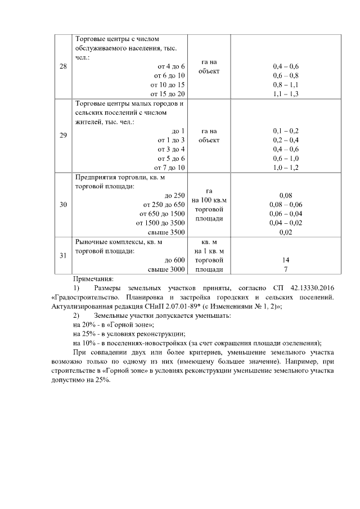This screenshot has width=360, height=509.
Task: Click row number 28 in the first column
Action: coord(63,66)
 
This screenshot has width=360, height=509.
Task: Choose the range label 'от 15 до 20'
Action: coord(168,93)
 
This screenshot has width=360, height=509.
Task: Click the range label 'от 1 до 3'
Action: coord(170,139)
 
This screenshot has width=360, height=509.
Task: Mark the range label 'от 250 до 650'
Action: coord(164,205)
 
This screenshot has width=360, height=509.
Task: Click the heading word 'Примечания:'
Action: coord(93,278)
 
